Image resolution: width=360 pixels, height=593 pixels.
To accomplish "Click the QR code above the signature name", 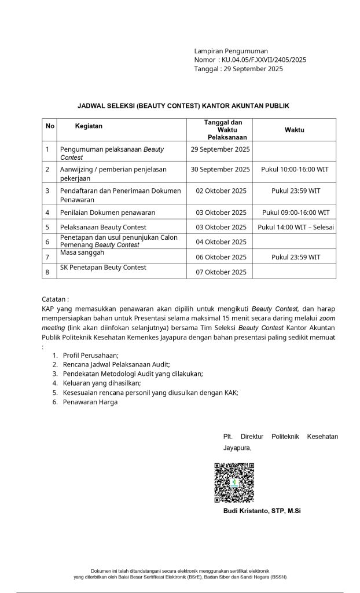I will point(234,482).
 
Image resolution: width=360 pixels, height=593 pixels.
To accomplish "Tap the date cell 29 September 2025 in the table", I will point(221,149).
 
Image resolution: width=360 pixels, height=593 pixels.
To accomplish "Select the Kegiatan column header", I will point(89,126).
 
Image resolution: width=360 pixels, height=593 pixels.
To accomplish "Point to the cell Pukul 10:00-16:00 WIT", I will point(295,169).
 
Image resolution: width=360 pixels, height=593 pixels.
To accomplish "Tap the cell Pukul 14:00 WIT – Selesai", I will point(295,227).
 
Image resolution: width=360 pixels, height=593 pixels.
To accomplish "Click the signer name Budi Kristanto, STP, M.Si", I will point(262,511).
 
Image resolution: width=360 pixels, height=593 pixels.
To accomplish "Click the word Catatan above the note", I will point(56,300).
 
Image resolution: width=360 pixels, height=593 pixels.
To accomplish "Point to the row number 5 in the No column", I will point(47,227).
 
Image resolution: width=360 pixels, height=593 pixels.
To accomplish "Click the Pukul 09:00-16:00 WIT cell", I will point(295,213).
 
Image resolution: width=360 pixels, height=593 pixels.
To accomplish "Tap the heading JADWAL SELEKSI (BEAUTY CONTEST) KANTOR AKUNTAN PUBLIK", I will point(183,106).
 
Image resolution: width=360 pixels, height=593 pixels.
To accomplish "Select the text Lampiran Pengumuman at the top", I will point(231,51).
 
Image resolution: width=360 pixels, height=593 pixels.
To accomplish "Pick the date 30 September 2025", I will point(221,169).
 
